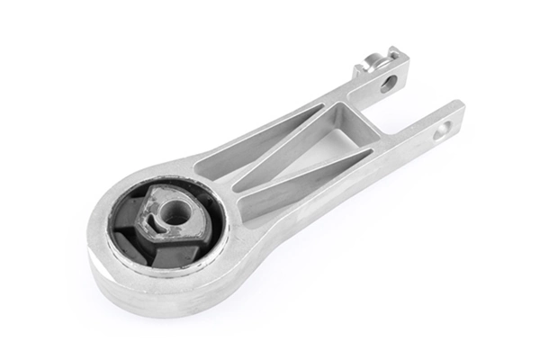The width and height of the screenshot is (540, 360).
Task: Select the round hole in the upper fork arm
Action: pyautogui.click(x=388, y=85)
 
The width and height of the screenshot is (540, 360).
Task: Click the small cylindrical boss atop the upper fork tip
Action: pyautogui.click(x=370, y=63)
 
